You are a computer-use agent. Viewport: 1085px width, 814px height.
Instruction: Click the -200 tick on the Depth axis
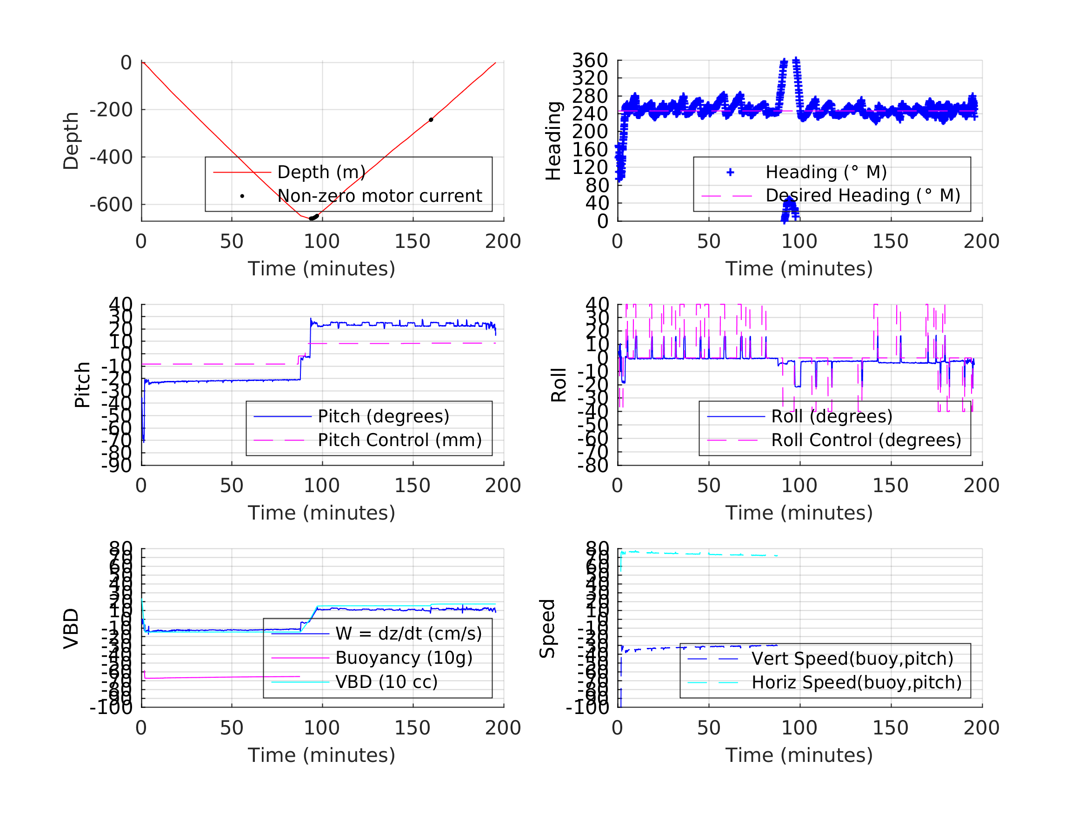pyautogui.click(x=111, y=110)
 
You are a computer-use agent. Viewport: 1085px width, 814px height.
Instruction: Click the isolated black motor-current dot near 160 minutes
pyautogui.click(x=431, y=120)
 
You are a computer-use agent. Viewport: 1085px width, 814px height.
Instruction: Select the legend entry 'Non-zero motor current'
pyautogui.click(x=379, y=196)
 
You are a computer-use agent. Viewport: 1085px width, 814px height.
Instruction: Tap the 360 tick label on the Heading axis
pyautogui.click(x=590, y=60)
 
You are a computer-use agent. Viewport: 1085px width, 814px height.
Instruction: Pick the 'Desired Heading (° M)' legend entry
pyautogui.click(x=863, y=195)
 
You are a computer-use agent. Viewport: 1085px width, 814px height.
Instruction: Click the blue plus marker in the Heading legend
pyautogui.click(x=730, y=172)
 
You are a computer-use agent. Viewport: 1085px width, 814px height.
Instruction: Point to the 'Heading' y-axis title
pyautogui.click(x=553, y=141)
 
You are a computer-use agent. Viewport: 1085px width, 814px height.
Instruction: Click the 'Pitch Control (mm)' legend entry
pyautogui.click(x=399, y=440)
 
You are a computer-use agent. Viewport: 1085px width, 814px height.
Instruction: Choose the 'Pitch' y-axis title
pyautogui.click(x=82, y=385)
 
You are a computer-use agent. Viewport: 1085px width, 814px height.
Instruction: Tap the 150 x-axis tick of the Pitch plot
pyautogui.click(x=413, y=485)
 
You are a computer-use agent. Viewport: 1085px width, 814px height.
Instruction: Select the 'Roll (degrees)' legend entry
pyautogui.click(x=832, y=416)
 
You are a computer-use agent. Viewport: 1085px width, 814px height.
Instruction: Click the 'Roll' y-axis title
pyautogui.click(x=559, y=385)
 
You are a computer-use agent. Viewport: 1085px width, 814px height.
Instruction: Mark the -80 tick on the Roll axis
pyautogui.click(x=593, y=465)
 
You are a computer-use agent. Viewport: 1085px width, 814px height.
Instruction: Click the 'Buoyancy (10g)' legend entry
pyautogui.click(x=404, y=658)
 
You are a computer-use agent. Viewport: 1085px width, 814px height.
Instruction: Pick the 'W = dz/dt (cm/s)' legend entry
pyautogui.click(x=409, y=634)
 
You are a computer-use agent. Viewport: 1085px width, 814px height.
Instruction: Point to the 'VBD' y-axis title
pyautogui.click(x=71, y=628)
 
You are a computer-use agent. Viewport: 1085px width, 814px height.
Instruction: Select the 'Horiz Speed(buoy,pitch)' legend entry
pyautogui.click(x=857, y=682)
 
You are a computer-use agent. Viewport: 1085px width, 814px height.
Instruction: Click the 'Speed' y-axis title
pyautogui.click(x=547, y=628)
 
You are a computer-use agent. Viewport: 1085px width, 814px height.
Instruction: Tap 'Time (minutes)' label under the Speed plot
pyautogui.click(x=799, y=754)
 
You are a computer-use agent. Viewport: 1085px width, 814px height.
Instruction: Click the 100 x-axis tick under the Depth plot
pyautogui.click(x=322, y=241)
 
